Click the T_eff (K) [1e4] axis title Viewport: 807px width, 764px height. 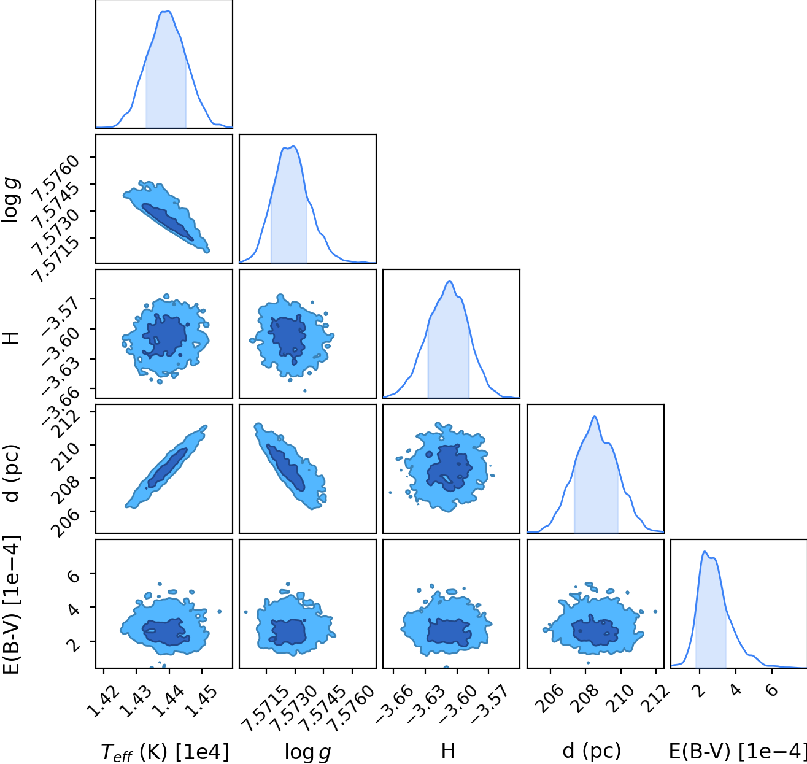coord(164,752)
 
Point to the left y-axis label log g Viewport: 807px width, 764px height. coord(10,199)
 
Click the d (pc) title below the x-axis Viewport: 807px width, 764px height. coord(591,751)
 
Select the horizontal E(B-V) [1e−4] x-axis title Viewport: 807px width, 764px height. coord(738,751)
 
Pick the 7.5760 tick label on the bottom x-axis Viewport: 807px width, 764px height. coord(352,707)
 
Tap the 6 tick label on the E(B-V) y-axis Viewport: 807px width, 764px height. coord(74,574)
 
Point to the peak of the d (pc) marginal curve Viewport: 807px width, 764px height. coord(595,417)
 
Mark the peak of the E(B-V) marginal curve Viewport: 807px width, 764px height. coord(705,551)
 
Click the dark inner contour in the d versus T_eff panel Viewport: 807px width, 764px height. coord(167,468)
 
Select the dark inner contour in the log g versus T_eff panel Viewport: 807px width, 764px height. coord(167,222)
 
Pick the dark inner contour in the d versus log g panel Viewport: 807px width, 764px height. coord(286,468)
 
